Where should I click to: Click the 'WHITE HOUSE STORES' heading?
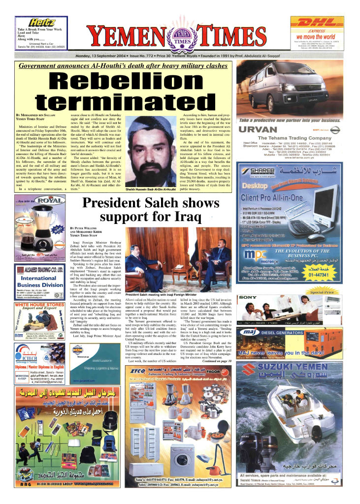pos(37,305)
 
